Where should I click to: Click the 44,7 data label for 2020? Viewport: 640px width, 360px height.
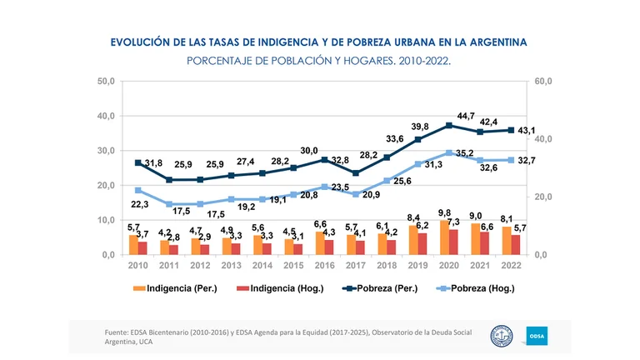pos(466,116)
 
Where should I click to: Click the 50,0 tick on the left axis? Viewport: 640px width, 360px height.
pos(107,82)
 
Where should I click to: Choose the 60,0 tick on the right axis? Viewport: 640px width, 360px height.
pos(544,82)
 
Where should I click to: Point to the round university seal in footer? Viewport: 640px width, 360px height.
pos(502,336)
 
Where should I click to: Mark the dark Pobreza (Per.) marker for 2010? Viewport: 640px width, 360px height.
pos(138,162)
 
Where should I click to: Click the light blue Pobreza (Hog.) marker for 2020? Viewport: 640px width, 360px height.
pos(449,152)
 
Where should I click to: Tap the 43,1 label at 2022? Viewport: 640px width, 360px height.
pos(526,130)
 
